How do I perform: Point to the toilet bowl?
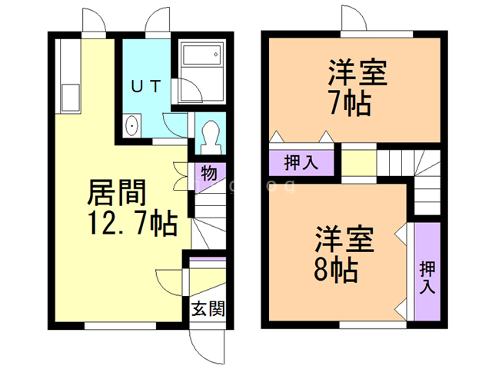point(208,137)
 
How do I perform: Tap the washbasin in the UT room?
point(131,125)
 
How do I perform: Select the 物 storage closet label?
point(208,173)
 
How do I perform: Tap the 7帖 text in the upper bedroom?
point(356,102)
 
